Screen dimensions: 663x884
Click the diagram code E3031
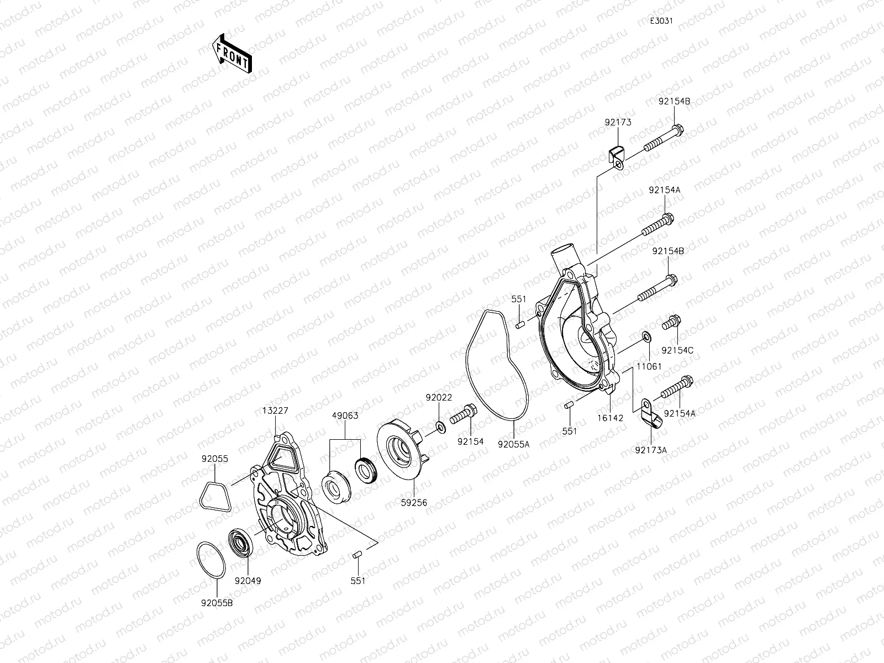tap(661, 22)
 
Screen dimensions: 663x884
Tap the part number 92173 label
tap(618, 122)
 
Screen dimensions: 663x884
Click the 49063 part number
tap(345, 415)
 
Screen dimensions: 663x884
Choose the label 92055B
tap(217, 603)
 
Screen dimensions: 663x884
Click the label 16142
tap(610, 418)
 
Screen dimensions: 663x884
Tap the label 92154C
tap(677, 350)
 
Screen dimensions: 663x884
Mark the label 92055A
tap(513, 443)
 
